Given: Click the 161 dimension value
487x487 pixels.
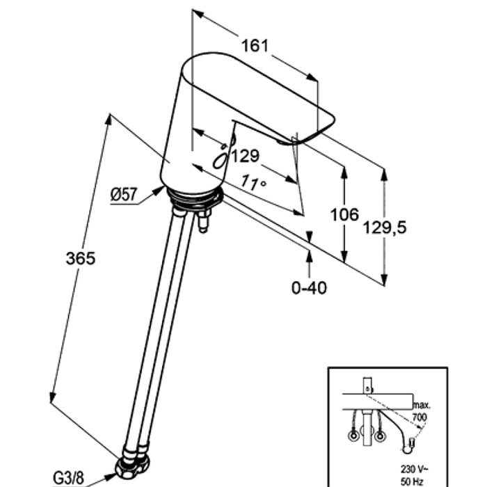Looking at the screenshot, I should coord(255,47).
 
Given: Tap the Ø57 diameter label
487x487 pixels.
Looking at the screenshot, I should coord(123,195).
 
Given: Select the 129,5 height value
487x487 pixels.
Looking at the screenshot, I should coord(384,227).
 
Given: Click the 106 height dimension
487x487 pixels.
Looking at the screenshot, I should coord(344,215).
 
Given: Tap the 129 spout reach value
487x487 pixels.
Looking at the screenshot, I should coord(245,157).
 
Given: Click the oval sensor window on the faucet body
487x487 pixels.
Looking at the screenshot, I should coord(220,160).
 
